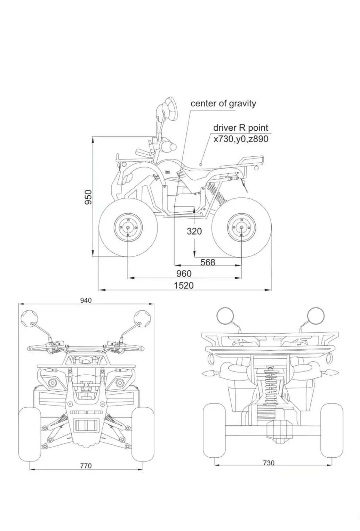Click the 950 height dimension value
tap(89, 197)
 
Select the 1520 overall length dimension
tap(184, 285)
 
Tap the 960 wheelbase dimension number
tap(184, 273)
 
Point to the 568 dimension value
tap(208, 262)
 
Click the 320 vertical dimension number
tap(194, 231)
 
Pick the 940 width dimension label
tap(86, 300)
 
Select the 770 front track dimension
tap(86, 466)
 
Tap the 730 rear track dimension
tap(269, 463)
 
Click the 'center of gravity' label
tap(223, 104)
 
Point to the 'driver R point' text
tap(241, 128)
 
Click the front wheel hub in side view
tap(128, 228)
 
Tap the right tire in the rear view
tap(331, 431)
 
